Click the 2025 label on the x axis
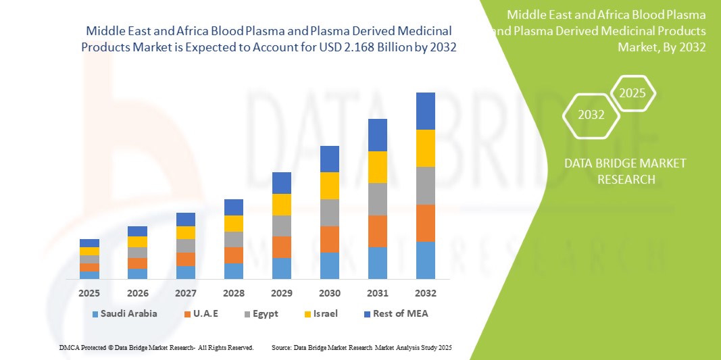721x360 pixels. [89, 293]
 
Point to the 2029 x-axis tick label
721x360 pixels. [282, 293]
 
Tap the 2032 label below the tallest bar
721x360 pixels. [425, 293]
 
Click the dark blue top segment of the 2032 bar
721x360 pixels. [425, 111]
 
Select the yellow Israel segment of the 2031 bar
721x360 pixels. [377, 167]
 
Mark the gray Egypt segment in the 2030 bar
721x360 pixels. [329, 212]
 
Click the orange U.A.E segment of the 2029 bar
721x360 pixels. [282, 247]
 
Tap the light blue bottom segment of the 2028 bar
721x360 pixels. [234, 271]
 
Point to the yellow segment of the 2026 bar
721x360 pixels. [137, 242]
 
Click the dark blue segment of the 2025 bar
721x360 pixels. [89, 243]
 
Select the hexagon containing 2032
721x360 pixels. [591, 115]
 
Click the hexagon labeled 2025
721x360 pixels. [632, 93]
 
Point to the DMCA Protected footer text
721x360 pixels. [156, 347]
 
